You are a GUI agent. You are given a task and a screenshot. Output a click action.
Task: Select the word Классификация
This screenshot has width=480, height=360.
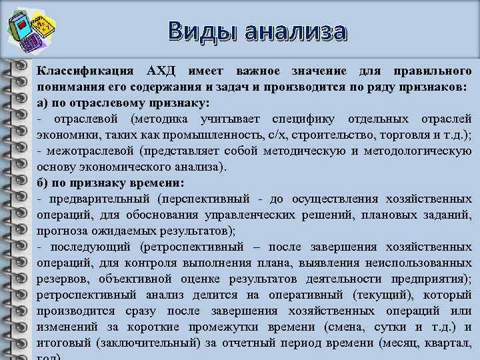(85, 71)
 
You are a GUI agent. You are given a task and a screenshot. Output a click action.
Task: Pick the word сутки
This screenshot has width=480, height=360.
(394, 327)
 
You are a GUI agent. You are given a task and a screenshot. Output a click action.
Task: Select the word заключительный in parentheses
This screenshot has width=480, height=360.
(161, 343)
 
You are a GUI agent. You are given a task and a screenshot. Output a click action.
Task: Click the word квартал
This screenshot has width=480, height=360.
(450, 343)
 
